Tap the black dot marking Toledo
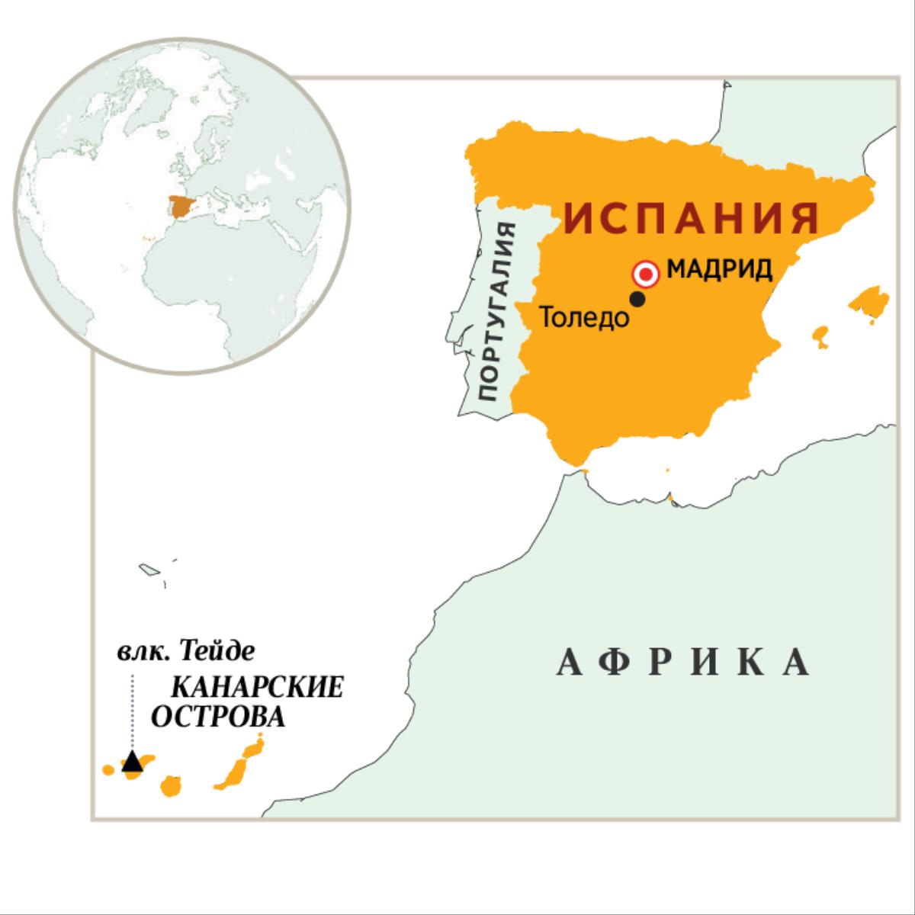point(637,300)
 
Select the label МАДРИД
point(720,270)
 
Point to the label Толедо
point(585,317)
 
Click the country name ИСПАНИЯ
point(692,217)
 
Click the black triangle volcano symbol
point(133,761)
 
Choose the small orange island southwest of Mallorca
point(820,335)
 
